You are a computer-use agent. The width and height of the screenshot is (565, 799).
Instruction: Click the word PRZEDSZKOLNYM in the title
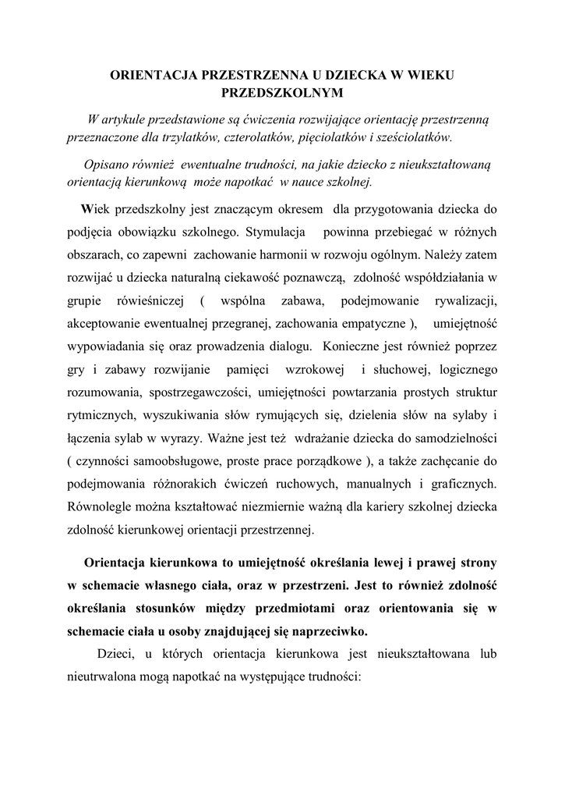coord(282,92)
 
